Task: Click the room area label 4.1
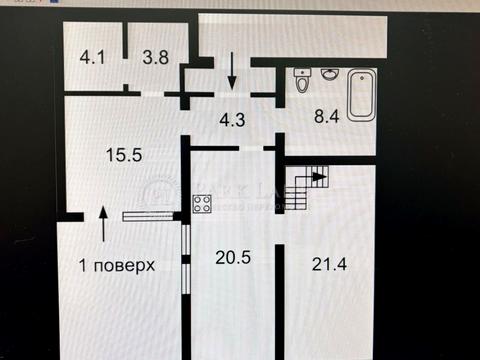coord(92,57)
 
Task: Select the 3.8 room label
coord(154,57)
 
